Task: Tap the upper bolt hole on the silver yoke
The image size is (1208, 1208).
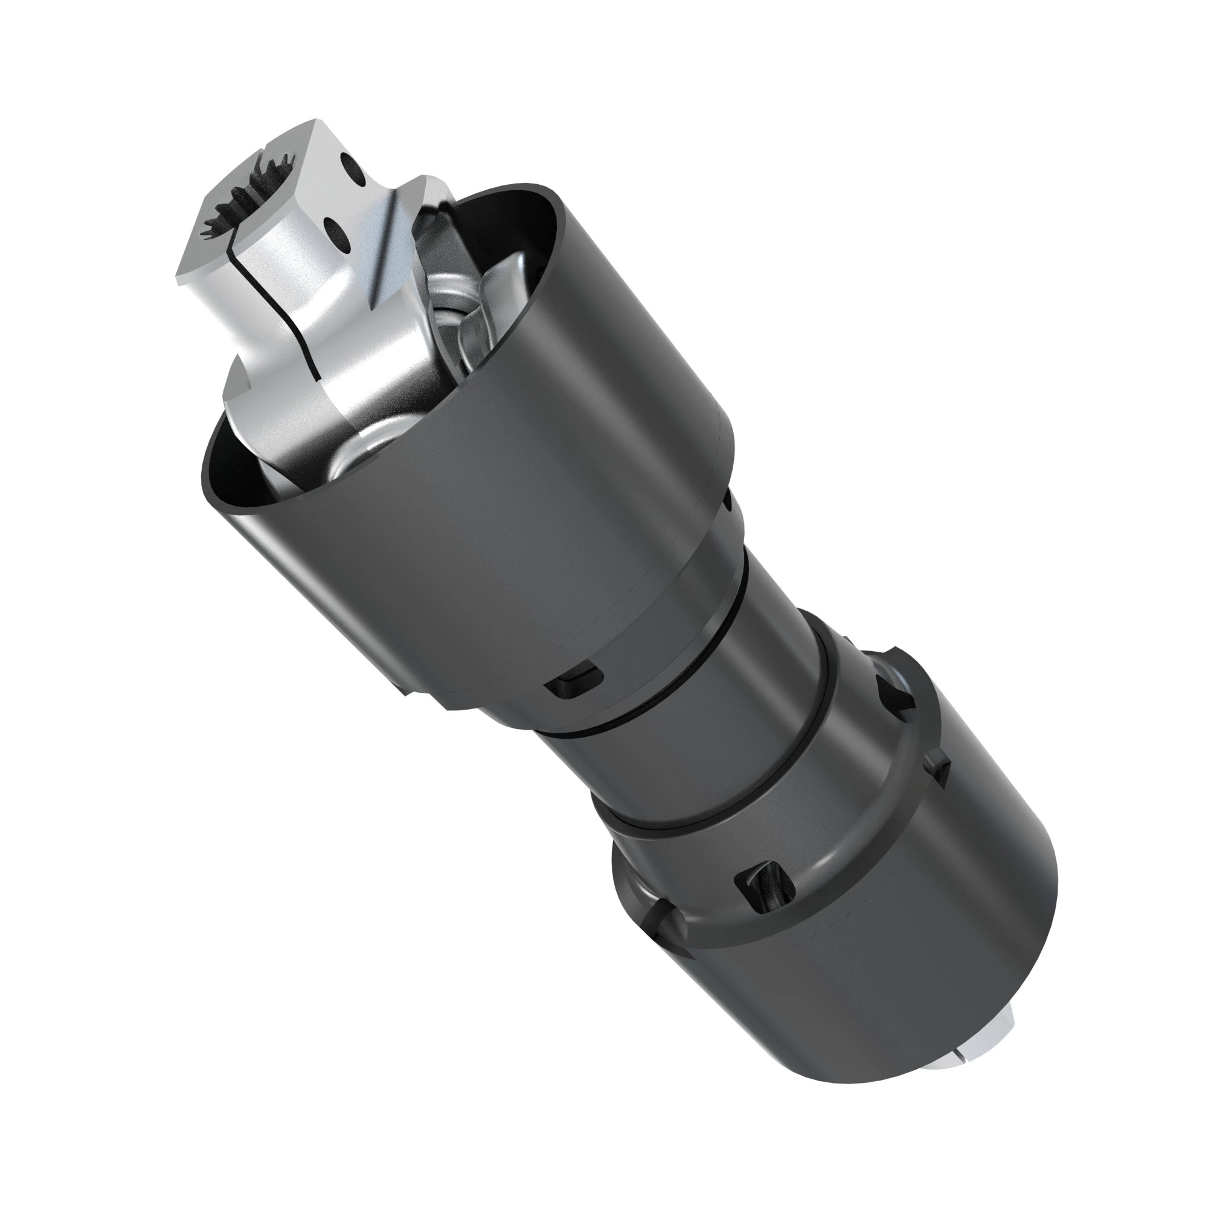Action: [353, 169]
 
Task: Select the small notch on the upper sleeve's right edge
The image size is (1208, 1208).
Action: [728, 500]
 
